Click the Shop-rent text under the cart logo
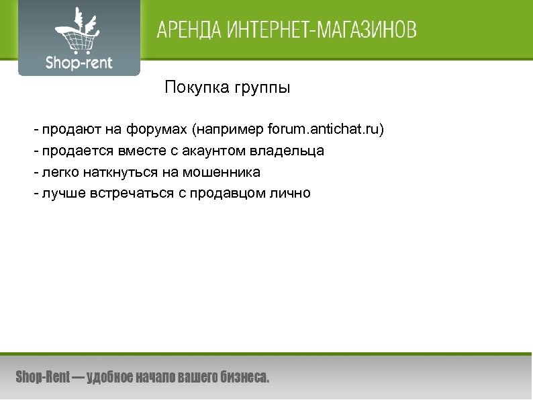[x=79, y=64]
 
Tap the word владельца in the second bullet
[x=292, y=151]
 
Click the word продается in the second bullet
[x=70, y=151]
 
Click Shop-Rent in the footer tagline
[x=42, y=378]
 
